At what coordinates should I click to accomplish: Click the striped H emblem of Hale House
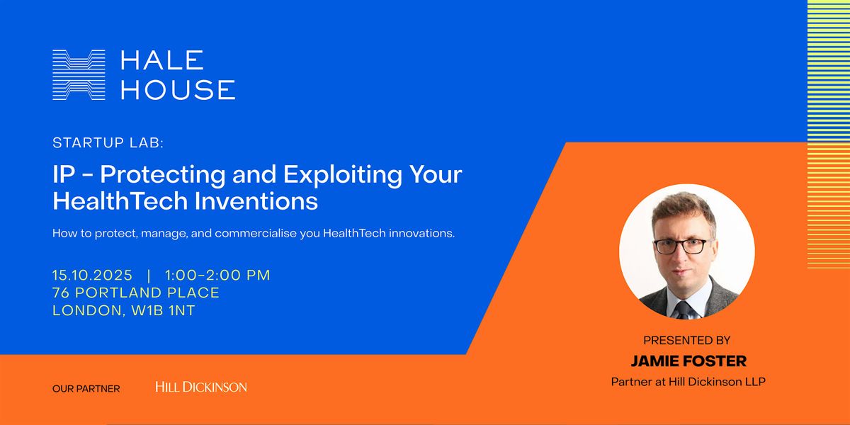pyautogui.click(x=79, y=75)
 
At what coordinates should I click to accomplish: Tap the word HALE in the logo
pyautogui.click(x=162, y=60)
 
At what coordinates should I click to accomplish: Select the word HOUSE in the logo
pyautogui.click(x=178, y=89)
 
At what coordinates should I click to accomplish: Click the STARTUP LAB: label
pyautogui.click(x=108, y=142)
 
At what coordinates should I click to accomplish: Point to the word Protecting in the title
pyautogui.click(x=163, y=174)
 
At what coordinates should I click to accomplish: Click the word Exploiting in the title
pyautogui.click(x=343, y=174)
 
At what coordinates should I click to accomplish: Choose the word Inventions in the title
pyautogui.click(x=256, y=201)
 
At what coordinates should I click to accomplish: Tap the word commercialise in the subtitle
pyautogui.click(x=256, y=233)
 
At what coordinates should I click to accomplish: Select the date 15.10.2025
pyautogui.click(x=92, y=275)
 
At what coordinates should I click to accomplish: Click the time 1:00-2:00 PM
pyautogui.click(x=217, y=275)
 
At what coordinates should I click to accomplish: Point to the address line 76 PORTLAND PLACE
pyautogui.click(x=136, y=293)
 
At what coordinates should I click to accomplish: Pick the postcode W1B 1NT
pyautogui.click(x=163, y=310)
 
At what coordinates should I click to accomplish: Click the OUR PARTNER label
pyautogui.click(x=86, y=389)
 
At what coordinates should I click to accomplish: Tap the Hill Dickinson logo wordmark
pyautogui.click(x=201, y=387)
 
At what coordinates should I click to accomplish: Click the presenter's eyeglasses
pyautogui.click(x=681, y=246)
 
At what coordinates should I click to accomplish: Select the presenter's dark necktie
pyautogui.click(x=684, y=310)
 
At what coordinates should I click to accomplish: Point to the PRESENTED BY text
pyautogui.click(x=687, y=341)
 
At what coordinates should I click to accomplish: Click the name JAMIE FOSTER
pyautogui.click(x=688, y=361)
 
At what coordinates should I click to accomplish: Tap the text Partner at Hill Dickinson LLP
pyautogui.click(x=688, y=382)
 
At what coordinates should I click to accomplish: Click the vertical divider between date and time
pyautogui.click(x=149, y=276)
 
